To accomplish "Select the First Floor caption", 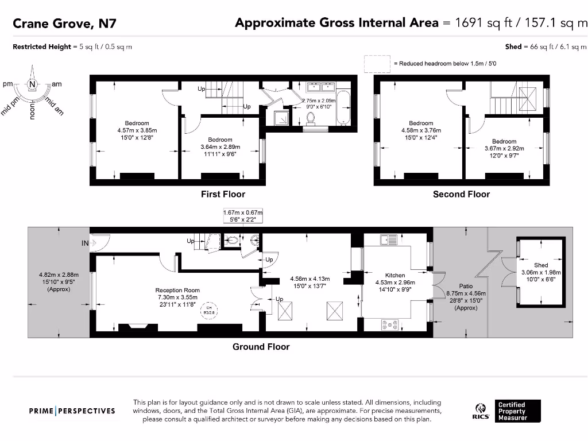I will click(x=223, y=194).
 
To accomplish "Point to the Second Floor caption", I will click(x=461, y=194).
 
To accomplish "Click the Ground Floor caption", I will click(x=261, y=346).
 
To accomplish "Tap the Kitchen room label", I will click(x=395, y=276).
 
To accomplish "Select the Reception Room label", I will click(x=177, y=291).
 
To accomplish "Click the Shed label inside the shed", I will click(x=540, y=265).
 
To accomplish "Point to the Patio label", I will click(x=466, y=286).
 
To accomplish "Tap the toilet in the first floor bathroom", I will click(x=311, y=118).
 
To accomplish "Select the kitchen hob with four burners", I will click(x=390, y=326).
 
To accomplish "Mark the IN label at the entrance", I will click(x=85, y=243).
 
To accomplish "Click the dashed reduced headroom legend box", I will click(x=376, y=64).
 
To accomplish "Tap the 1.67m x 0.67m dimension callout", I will click(x=242, y=216).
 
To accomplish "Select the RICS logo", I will click(x=481, y=411).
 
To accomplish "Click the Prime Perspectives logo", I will click(x=72, y=411).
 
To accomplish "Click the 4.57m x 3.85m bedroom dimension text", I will click(x=137, y=130).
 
